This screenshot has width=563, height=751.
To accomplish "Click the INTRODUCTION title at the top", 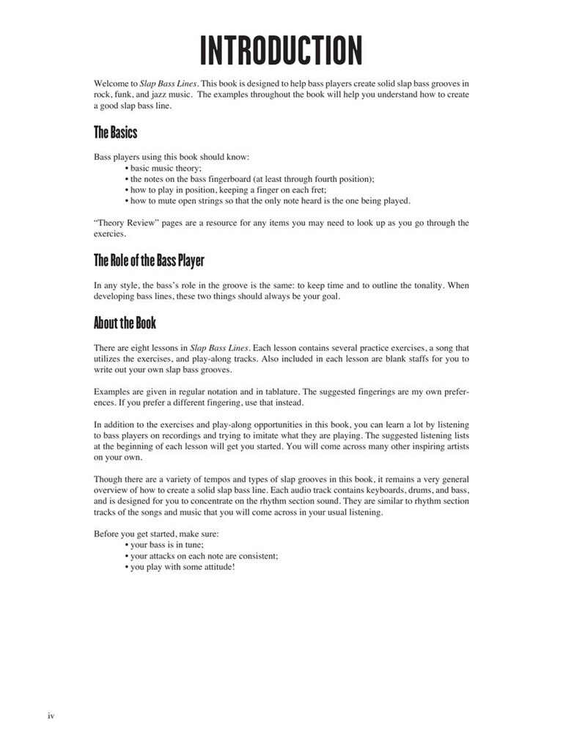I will click(281, 51).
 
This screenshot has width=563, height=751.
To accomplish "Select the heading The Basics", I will click(115, 133).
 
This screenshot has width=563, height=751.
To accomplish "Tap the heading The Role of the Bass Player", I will click(148, 260).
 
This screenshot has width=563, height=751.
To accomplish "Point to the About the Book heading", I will click(125, 323).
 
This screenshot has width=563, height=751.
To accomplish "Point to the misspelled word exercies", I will click(110, 235).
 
